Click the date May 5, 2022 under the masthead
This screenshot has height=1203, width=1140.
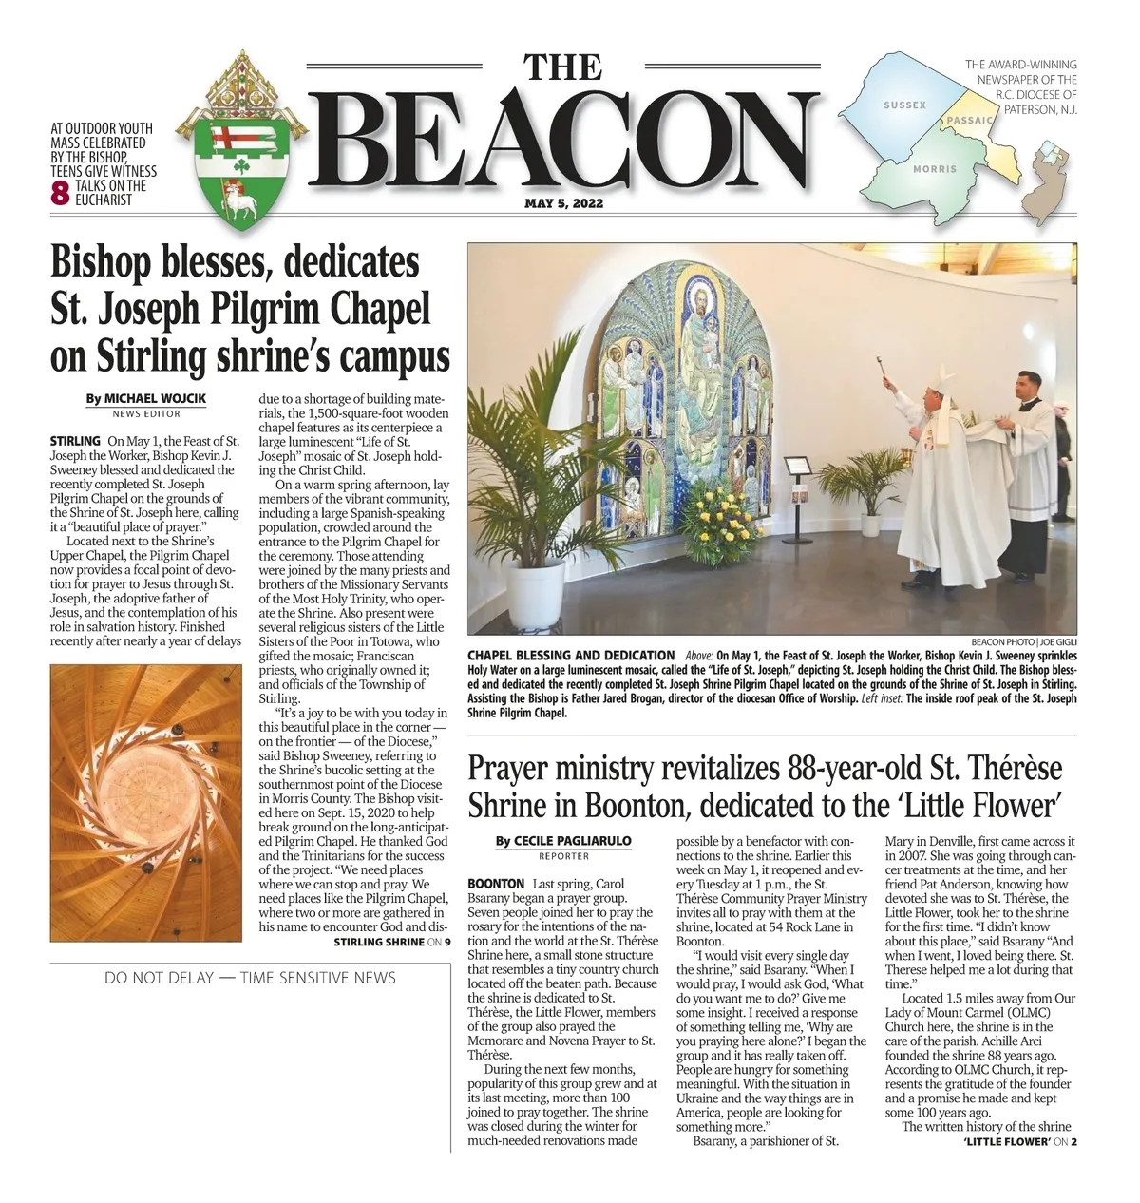coord(563,203)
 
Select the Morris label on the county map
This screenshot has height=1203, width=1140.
coord(935,169)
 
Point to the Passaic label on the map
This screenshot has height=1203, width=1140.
coord(970,121)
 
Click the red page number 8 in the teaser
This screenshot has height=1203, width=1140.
coord(60,193)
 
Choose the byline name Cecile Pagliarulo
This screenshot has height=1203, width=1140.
coord(572,841)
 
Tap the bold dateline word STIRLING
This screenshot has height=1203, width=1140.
coord(75,441)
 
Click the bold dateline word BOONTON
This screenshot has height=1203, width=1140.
coord(496,884)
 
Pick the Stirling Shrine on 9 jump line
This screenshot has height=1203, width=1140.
coord(391,942)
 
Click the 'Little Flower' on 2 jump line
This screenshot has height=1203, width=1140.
coord(1019,1141)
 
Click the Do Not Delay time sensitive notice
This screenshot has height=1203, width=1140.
coord(250,977)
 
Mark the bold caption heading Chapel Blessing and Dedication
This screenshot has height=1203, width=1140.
coord(571,656)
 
